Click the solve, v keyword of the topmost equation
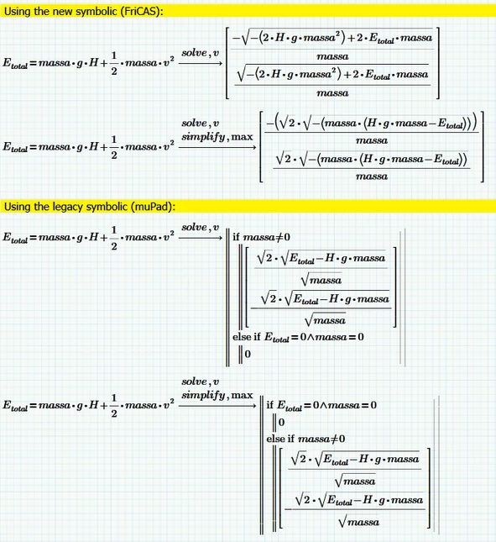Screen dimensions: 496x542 click(x=201, y=53)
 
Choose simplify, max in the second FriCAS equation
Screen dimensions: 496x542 click(x=217, y=137)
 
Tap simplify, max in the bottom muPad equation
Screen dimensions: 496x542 click(x=217, y=395)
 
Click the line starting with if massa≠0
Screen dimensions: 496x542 click(x=261, y=237)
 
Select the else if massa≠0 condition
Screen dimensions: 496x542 click(x=305, y=439)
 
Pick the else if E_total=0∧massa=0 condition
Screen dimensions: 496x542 click(x=298, y=337)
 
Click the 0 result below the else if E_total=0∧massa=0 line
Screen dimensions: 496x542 click(x=248, y=354)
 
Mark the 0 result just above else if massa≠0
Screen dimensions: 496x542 click(x=281, y=422)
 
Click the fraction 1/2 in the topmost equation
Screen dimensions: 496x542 click(x=114, y=63)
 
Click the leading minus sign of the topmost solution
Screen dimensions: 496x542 click(x=236, y=38)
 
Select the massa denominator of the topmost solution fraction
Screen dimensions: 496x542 click(x=332, y=56)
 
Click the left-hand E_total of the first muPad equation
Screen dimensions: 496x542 click(x=15, y=238)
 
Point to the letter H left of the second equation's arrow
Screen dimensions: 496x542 click(x=93, y=146)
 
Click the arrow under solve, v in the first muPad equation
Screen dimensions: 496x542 click(x=201, y=238)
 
